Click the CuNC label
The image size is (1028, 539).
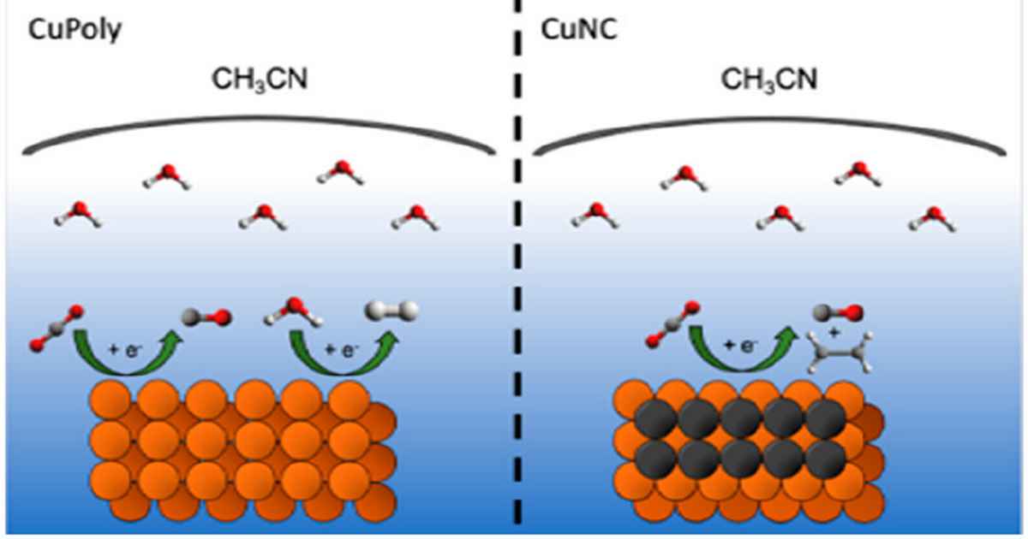[x=571, y=32]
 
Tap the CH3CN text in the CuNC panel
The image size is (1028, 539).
[x=768, y=83]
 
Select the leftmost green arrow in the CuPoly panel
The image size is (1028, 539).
[x=129, y=349]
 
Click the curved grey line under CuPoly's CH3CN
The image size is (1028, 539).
[x=257, y=128]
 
